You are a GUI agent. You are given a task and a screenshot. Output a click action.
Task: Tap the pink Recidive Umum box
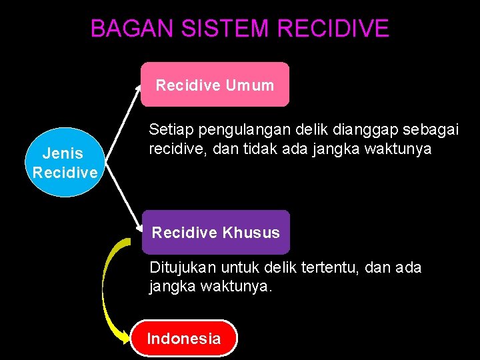tap(215, 85)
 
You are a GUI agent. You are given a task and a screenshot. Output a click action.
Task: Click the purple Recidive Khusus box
tap(215, 233)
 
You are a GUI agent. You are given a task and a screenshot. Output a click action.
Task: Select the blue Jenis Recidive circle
tap(65, 163)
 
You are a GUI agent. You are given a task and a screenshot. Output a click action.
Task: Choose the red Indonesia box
tap(183, 339)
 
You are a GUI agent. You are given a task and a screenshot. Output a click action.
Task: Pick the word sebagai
tap(436, 129)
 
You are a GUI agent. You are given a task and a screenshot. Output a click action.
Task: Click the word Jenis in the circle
tap(63, 154)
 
